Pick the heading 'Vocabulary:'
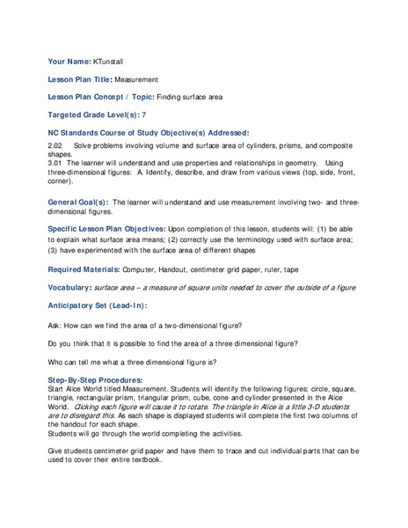click(x=69, y=288)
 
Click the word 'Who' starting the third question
click(x=56, y=361)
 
